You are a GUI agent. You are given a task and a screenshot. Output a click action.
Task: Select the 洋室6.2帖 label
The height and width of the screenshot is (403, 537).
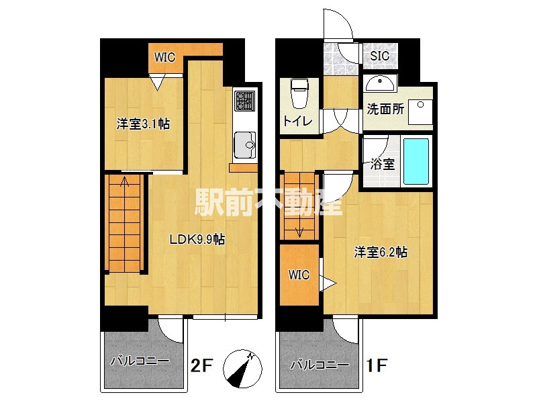pos(381,253)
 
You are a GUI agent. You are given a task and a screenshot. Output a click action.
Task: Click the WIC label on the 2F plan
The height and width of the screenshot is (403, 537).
pos(164,57)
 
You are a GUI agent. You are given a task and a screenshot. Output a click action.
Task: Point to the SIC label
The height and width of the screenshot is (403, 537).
pos(380,56)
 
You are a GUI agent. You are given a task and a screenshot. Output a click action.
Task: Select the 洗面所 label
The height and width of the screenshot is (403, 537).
pos(385,109)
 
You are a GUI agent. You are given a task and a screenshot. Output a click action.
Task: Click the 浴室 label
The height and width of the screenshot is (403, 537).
pos(382,164)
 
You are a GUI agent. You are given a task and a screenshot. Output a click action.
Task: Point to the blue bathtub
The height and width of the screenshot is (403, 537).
pos(416,162)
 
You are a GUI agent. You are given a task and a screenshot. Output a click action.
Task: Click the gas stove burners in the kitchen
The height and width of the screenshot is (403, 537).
pos(244,101)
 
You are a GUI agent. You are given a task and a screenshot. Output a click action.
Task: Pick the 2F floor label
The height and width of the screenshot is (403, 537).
pos(201,367)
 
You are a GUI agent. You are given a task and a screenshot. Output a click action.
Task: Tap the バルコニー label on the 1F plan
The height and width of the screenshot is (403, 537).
pos(319,367)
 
